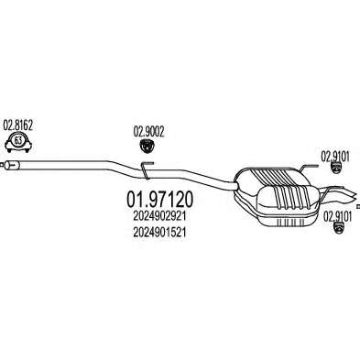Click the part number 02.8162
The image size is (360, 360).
tap(17, 125)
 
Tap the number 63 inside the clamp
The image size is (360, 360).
tap(18, 141)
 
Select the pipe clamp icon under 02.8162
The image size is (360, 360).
tap(18, 142)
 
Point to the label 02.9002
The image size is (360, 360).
tap(148, 132)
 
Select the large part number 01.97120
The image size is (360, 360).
tap(160, 200)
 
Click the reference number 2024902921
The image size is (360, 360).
tap(159, 216)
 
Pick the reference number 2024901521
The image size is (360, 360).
tap(159, 233)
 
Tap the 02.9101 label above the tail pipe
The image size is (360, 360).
tap(335, 157)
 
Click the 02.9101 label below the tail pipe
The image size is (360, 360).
tap(338, 217)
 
